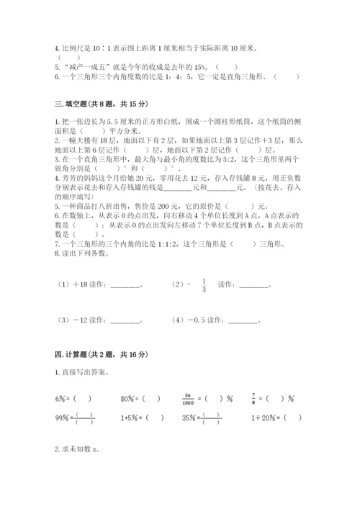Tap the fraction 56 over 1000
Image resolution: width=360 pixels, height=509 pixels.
[190, 397]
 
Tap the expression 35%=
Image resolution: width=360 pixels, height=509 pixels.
[191, 418]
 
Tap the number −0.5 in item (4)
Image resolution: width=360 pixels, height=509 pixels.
[199, 320]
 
